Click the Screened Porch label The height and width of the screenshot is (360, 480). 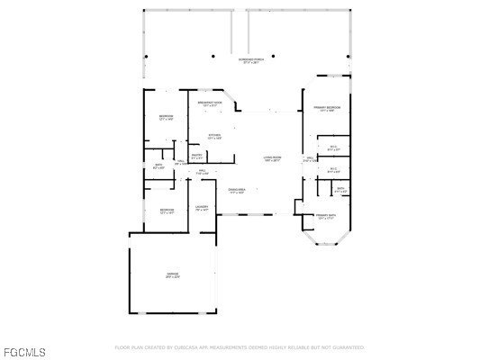coord(249,61)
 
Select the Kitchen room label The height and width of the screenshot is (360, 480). coord(214,137)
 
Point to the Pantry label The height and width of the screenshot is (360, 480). coord(196,157)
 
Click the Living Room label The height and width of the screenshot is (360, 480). coord(272,158)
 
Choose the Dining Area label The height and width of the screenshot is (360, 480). coord(237,191)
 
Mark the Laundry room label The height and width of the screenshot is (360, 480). coord(202,209)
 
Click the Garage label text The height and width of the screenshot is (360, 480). coord(172,275)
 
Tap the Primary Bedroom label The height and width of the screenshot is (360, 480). coord(326,109)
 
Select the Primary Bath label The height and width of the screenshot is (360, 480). coord(325,217)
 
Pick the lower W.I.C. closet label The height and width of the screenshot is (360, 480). coord(332,169)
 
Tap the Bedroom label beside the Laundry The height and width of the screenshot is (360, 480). coord(167,211)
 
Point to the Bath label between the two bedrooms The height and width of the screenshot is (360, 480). coord(158,166)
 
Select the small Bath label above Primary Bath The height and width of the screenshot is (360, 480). coord(340,190)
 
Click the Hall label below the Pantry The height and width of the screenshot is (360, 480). coord(203,171)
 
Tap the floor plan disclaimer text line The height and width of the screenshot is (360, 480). coord(240,346)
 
